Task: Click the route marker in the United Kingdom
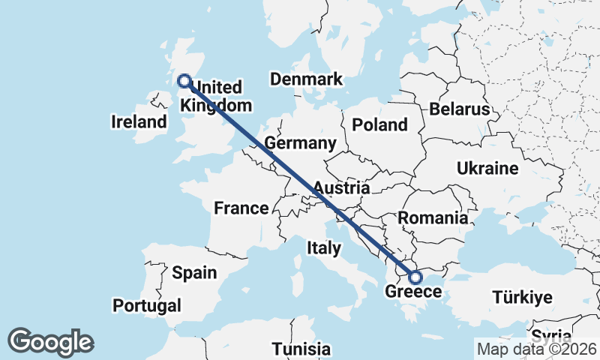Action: pyautogui.click(x=184, y=81)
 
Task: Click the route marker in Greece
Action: pyautogui.click(x=416, y=277)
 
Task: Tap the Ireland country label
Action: pyautogui.click(x=139, y=121)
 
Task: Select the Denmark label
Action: pyautogui.click(x=307, y=79)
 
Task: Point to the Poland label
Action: pyautogui.click(x=379, y=124)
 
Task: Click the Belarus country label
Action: pyautogui.click(x=460, y=109)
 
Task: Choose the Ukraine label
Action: pyautogui.click(x=488, y=168)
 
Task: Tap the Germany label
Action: pyautogui.click(x=301, y=143)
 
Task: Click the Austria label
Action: pyautogui.click(x=341, y=187)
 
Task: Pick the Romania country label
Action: pyautogui.click(x=433, y=218)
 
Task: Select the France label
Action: pyautogui.click(x=241, y=208)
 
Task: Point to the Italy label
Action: pyautogui.click(x=324, y=247)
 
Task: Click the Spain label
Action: pyautogui.click(x=194, y=273)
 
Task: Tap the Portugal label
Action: pyautogui.click(x=147, y=305)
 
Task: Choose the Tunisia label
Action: pyautogui.click(x=301, y=349)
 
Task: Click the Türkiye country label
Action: pyautogui.click(x=523, y=297)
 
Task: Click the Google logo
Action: pyautogui.click(x=51, y=342)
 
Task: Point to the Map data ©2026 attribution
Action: pyautogui.click(x=537, y=349)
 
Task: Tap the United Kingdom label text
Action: pyautogui.click(x=217, y=96)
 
